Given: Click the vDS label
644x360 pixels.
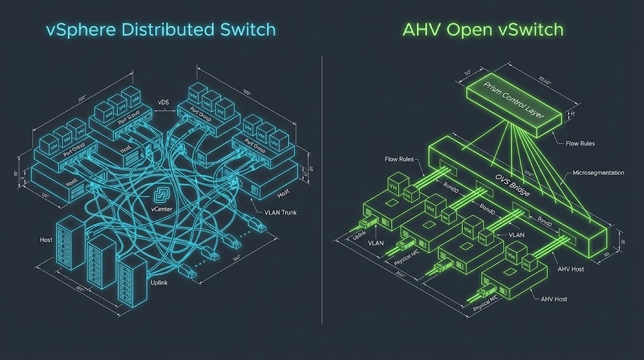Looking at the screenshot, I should click(163, 102).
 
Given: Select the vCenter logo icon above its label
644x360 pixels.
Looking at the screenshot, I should click(163, 193).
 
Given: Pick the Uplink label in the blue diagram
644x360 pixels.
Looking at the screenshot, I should click(159, 283).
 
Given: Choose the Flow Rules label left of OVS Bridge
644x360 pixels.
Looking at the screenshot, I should click(399, 159).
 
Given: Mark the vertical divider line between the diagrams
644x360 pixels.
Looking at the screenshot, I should click(322, 183).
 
